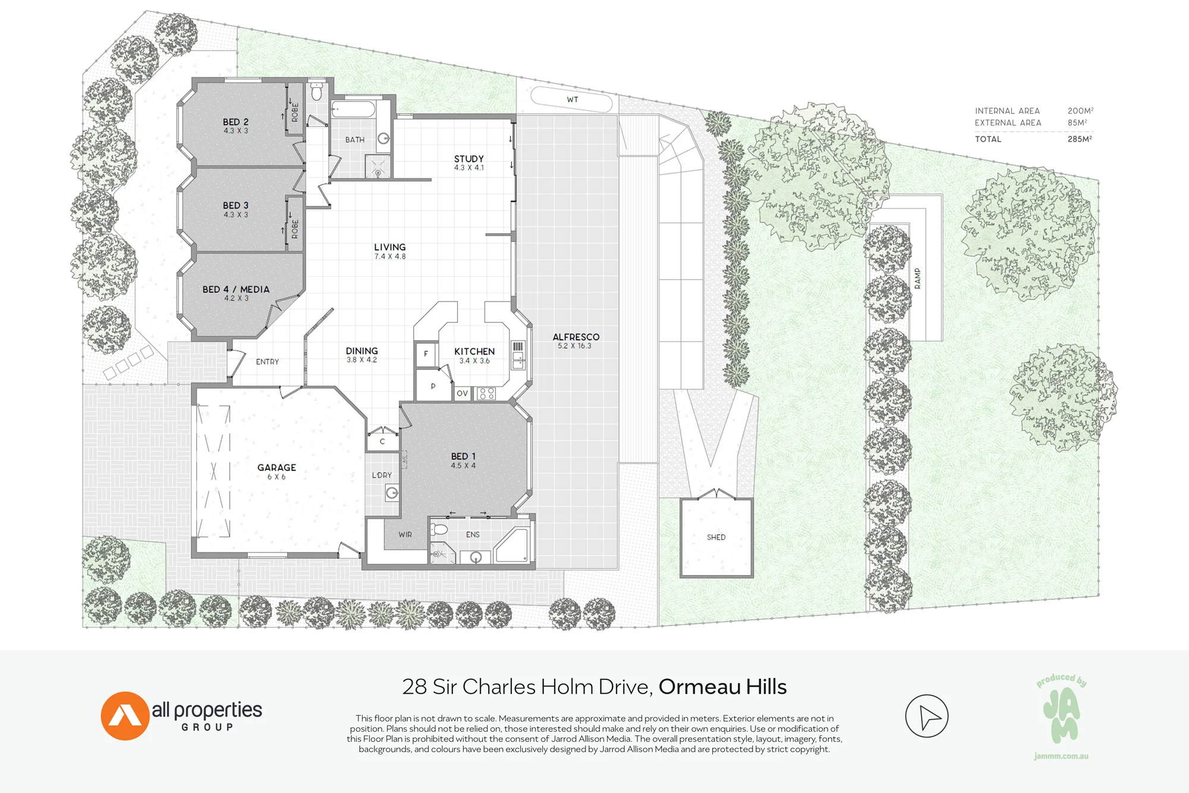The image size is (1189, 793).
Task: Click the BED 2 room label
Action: (x=235, y=122)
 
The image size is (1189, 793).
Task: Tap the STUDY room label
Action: (x=469, y=159)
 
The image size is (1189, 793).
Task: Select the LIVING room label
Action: (x=390, y=247)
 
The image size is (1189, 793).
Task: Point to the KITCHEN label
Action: (x=474, y=352)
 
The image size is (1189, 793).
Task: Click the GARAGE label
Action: (x=276, y=468)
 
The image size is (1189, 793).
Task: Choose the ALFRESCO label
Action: (x=576, y=337)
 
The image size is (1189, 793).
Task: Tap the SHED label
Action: (x=716, y=537)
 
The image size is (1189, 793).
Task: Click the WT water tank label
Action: (x=573, y=99)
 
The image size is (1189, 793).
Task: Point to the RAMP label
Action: (x=917, y=278)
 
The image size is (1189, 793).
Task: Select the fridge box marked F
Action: (x=426, y=355)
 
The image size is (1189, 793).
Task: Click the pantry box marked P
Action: (x=433, y=386)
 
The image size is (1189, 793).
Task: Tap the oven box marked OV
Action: (x=463, y=393)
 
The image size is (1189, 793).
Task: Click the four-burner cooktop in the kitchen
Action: (x=487, y=393)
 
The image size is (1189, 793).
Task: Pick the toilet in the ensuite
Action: (x=439, y=529)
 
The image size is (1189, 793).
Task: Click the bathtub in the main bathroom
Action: (x=353, y=109)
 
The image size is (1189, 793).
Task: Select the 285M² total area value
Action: (x=1080, y=139)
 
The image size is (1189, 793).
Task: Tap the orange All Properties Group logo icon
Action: (x=125, y=716)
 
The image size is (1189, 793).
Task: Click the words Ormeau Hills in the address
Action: (x=722, y=687)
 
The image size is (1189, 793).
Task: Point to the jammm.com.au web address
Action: (x=1061, y=756)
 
